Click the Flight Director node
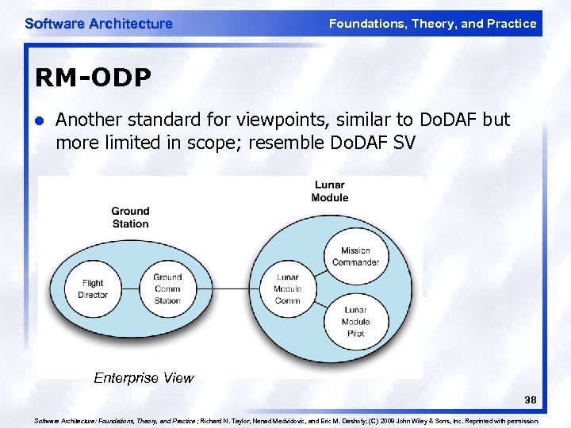93,289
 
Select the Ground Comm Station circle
167,289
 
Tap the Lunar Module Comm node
287,289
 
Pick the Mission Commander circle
355,256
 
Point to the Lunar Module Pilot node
355,321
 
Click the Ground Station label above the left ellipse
130,217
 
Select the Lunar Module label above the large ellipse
329,191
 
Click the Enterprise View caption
143,378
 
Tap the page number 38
530,400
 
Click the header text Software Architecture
98,24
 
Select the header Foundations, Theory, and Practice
432,24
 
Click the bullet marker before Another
39,120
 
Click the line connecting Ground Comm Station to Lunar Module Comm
227,289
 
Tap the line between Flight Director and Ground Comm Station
130,289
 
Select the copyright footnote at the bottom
286,422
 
